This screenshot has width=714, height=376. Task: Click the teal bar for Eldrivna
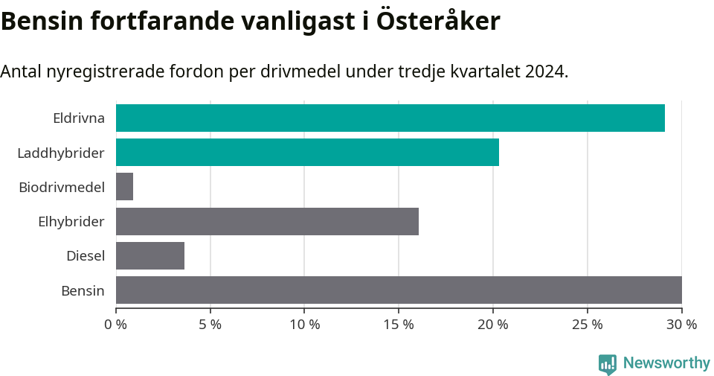[x=390, y=118]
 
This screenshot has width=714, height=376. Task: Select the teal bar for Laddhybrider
[x=307, y=153]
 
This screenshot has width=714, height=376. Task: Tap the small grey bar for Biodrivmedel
[x=124, y=187]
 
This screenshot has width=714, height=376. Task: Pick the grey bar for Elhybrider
[x=267, y=221]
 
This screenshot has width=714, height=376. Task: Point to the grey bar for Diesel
[x=150, y=255]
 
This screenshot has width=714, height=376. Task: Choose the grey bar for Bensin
[x=399, y=290]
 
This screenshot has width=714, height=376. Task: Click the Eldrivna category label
[x=78, y=118]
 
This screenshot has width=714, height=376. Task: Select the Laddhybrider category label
[x=61, y=153]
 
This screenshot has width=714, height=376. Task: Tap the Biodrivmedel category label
[x=62, y=187]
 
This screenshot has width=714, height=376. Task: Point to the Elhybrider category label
[x=71, y=221]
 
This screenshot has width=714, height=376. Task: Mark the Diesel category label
[x=85, y=256]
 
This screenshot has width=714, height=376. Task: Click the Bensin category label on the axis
[x=83, y=290]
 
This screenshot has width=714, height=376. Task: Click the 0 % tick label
[x=116, y=325]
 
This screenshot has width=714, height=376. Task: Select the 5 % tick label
[x=210, y=325]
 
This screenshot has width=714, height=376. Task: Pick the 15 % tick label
[x=399, y=325]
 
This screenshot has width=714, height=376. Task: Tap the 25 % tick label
[x=588, y=325]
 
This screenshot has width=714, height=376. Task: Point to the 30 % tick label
[x=681, y=325]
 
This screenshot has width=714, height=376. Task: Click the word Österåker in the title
[x=438, y=21]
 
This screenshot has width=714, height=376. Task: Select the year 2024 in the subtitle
[x=544, y=71]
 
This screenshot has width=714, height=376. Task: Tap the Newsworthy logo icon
[x=608, y=363]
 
